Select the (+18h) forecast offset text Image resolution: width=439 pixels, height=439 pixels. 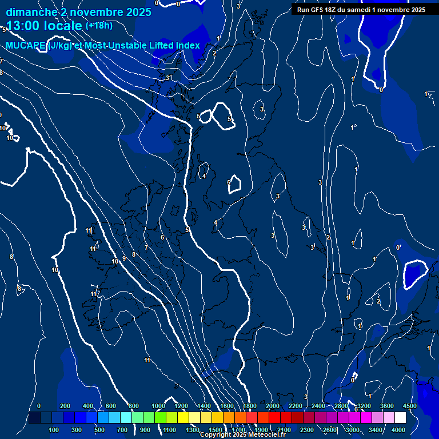point(99,25)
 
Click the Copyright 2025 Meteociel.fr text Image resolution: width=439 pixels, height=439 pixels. point(243,435)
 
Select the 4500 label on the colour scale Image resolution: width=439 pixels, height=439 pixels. point(410,406)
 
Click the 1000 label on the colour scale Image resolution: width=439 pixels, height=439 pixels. point(158,406)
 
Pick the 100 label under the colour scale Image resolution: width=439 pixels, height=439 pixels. point(54,430)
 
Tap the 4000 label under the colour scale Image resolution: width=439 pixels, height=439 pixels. point(398,430)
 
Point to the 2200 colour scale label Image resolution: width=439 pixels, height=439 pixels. point(296,406)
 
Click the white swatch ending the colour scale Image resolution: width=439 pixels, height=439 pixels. point(401,418)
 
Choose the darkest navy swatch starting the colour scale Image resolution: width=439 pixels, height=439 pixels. point(34,418)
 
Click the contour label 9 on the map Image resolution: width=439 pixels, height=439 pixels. point(124,258)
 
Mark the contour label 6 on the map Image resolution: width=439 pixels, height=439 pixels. point(162,237)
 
